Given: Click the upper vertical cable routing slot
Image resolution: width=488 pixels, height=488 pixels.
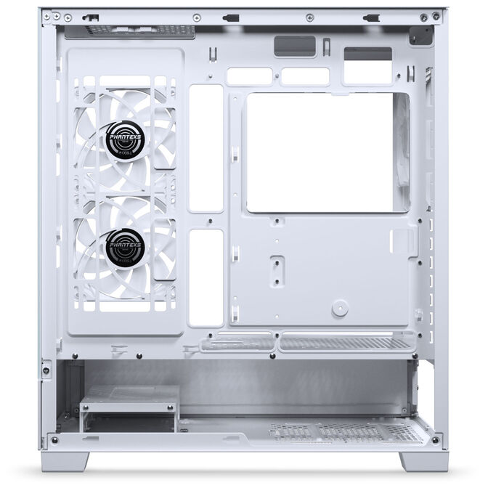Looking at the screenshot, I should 206,148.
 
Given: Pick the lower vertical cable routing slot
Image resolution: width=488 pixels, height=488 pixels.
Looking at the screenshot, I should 206,277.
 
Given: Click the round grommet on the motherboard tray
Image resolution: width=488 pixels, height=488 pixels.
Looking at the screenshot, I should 339,309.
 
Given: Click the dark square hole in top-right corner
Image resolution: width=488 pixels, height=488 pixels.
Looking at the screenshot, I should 422,35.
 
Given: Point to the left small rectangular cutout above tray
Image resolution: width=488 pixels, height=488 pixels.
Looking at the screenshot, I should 249,76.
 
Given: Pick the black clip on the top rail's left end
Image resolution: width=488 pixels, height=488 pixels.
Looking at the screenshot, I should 91,15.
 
